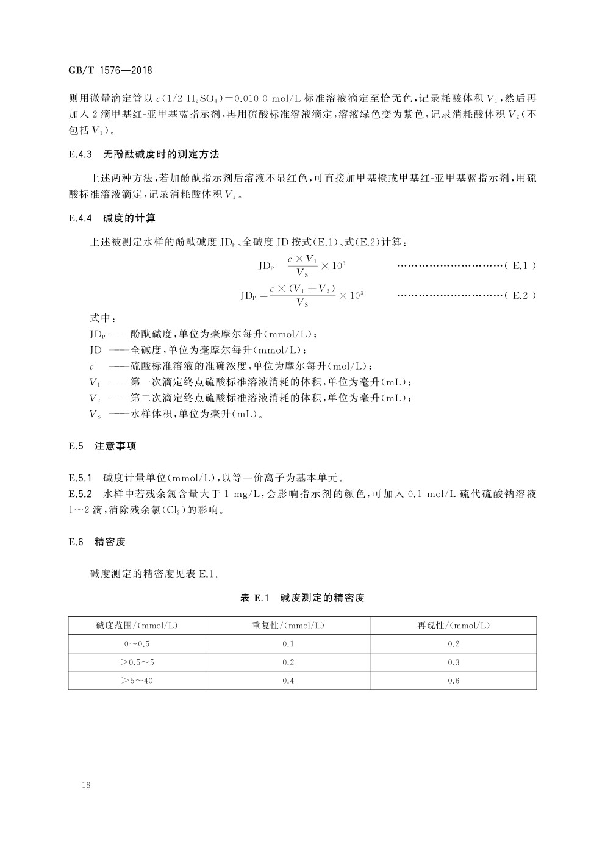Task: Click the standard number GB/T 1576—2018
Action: coord(110,70)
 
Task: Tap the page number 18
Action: coord(86,785)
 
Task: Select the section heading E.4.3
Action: coord(80,155)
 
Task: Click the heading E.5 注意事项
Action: coord(102,446)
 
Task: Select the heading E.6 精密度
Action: coord(97,542)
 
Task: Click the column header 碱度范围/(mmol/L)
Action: coord(137,626)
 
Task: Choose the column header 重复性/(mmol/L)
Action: coord(288,626)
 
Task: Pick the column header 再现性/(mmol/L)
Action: coord(453,626)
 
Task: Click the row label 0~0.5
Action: coord(137,644)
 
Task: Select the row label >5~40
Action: coord(137,681)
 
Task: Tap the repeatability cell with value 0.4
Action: coord(288,681)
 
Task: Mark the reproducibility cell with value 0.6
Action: coord(453,681)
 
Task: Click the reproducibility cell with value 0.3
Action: coord(453,662)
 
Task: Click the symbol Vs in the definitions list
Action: coord(95,414)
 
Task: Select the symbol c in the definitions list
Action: coord(91,367)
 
